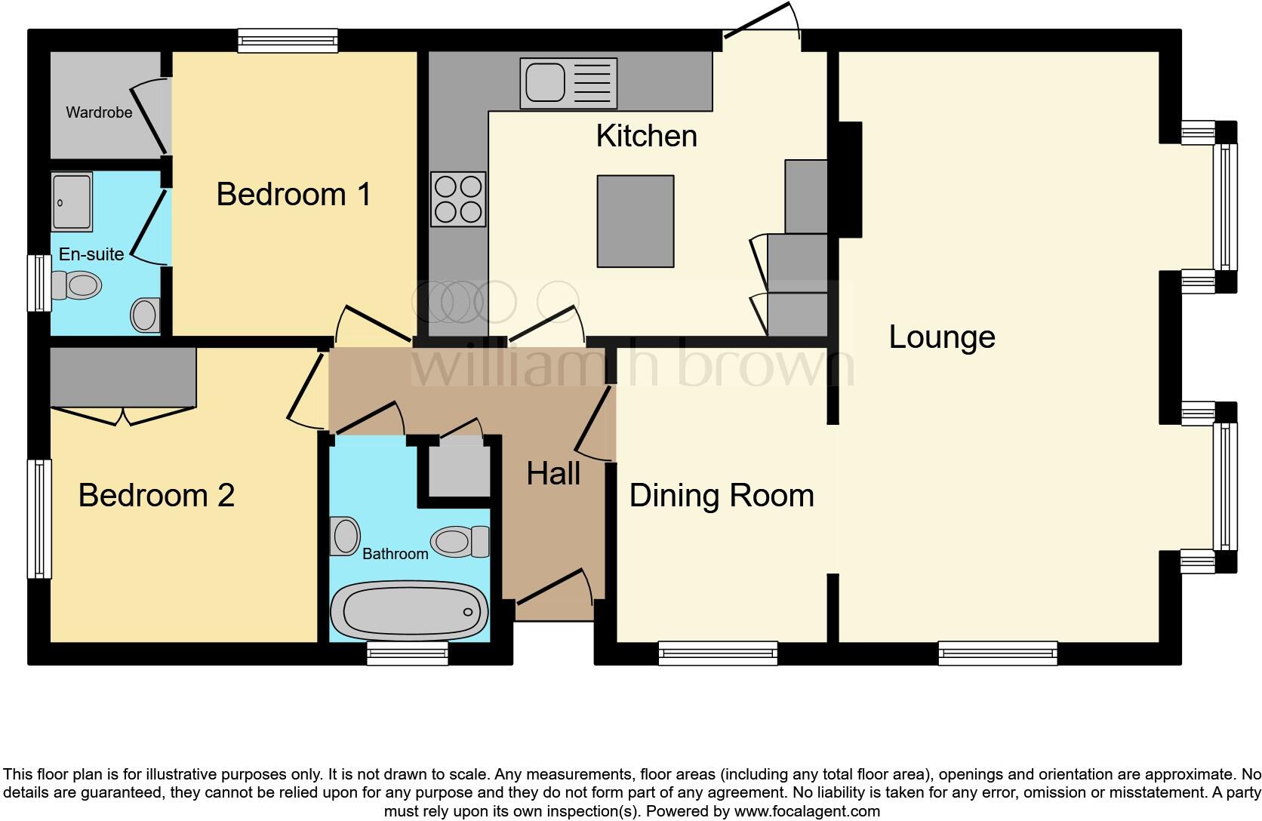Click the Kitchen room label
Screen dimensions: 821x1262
pyautogui.click(x=646, y=137)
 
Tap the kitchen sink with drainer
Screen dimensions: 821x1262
pyautogui.click(x=568, y=83)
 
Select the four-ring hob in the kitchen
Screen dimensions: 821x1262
pyautogui.click(x=458, y=199)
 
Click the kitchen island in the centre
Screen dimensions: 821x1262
pyautogui.click(x=635, y=221)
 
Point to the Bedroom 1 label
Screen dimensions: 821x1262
pyautogui.click(x=294, y=195)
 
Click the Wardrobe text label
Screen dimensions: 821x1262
pyautogui.click(x=99, y=112)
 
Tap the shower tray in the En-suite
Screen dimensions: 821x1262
pyautogui.click(x=72, y=201)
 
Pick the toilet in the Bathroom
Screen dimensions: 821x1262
pyautogui.click(x=459, y=541)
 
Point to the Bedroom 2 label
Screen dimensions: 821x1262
pyautogui.click(x=156, y=496)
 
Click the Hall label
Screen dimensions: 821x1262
pyautogui.click(x=553, y=474)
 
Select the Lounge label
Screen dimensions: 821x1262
pyautogui.click(x=941, y=337)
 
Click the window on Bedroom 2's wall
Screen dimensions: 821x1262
pyautogui.click(x=40, y=518)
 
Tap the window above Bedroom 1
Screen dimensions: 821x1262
pyautogui.click(x=288, y=40)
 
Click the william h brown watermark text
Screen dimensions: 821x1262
pyautogui.click(x=633, y=365)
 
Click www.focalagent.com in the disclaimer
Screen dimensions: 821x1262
pyautogui.click(x=807, y=812)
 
